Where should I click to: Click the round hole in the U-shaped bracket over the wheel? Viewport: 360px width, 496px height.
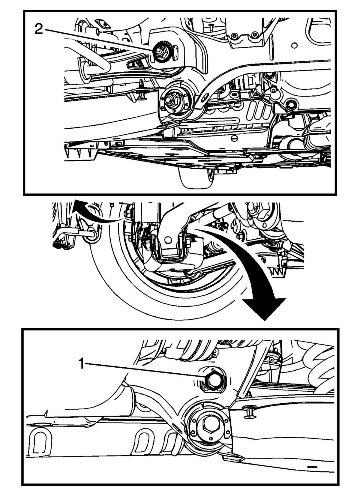[x=168, y=239]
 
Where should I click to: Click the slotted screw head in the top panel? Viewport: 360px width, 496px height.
[x=234, y=139]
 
